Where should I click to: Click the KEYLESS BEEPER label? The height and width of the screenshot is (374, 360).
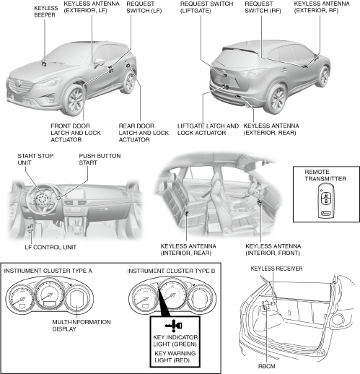(x=46, y=12)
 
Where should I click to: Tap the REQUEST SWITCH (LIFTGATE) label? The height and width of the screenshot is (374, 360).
(x=206, y=7)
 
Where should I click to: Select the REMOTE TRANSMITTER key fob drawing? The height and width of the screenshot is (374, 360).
(x=325, y=201)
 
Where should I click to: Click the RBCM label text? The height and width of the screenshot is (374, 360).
(x=267, y=366)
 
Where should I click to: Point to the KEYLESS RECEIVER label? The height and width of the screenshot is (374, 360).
(x=276, y=269)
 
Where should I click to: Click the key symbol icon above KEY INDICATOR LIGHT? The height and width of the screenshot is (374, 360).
(x=174, y=326)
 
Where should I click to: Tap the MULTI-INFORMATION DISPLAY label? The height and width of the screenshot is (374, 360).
(x=82, y=326)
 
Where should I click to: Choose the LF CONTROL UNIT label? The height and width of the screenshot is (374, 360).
(x=51, y=247)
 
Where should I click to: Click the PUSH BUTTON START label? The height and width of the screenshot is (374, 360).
(x=100, y=159)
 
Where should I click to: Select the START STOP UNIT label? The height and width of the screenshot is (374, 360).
(x=35, y=159)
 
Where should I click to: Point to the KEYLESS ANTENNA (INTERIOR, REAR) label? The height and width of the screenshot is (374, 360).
(x=188, y=250)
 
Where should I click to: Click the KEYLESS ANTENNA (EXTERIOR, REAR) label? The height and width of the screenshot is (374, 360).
(x=271, y=129)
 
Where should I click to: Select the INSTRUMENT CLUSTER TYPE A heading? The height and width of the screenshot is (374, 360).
(x=48, y=271)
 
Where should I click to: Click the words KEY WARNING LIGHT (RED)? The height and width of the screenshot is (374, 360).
(x=175, y=357)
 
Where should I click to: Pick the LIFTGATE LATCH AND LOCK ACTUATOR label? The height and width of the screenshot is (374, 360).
(x=208, y=129)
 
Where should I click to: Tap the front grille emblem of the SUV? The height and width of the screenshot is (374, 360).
(x=17, y=84)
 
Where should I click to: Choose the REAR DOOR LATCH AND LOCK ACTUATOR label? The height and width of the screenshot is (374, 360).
(x=144, y=133)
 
